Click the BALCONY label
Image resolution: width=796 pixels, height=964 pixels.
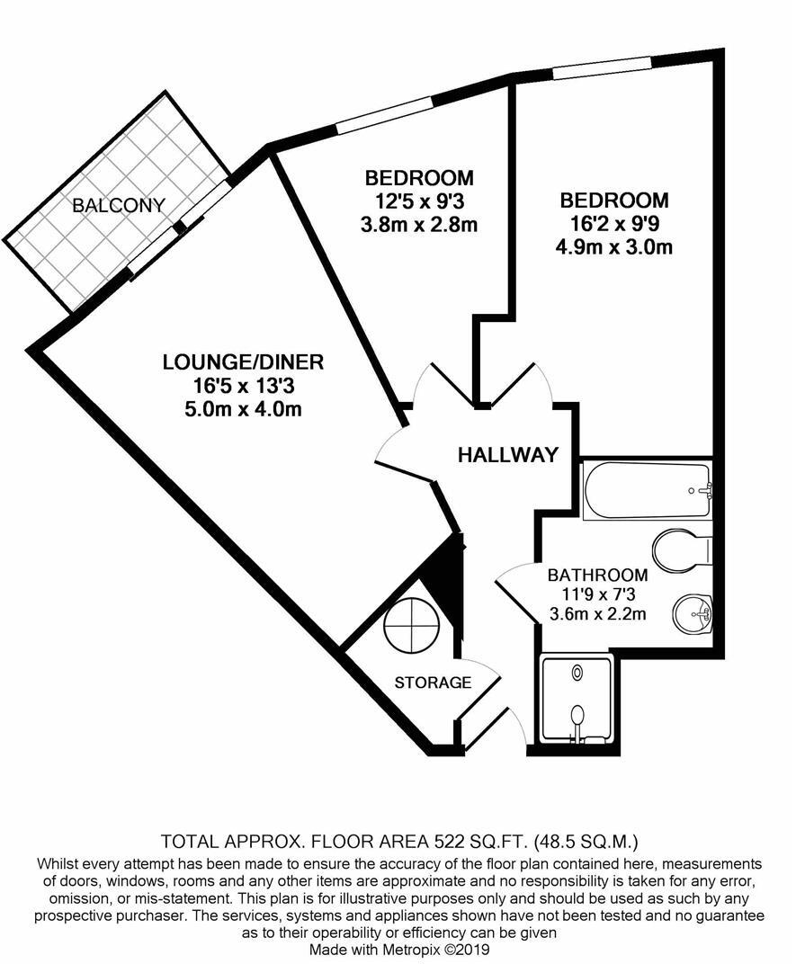[x=119, y=206]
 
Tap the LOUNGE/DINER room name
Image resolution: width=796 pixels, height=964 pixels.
[x=243, y=363]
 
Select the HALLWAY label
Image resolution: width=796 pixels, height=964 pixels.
[x=508, y=455]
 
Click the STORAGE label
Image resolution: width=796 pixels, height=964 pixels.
[x=433, y=683]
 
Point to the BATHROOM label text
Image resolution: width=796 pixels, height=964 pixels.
[x=598, y=575]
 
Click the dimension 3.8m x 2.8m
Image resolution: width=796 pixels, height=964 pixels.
[x=418, y=225]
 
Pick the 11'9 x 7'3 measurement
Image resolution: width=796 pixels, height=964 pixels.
[x=598, y=594]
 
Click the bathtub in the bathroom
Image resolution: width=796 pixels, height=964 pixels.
[x=647, y=490]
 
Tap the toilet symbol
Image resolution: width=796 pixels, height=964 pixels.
[x=683, y=550]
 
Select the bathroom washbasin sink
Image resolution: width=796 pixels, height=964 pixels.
[x=693, y=614]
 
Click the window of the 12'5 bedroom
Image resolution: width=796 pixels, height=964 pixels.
[x=384, y=115]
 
